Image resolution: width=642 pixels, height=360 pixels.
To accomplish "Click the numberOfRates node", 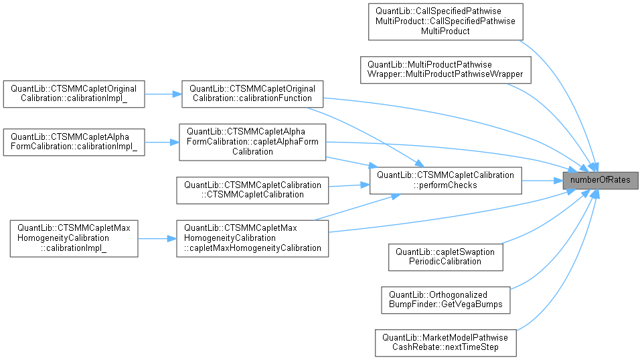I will [600, 180].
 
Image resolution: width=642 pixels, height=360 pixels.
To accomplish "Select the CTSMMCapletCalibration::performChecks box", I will [445, 180].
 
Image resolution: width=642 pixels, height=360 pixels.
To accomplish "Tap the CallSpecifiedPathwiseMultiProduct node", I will [445, 21].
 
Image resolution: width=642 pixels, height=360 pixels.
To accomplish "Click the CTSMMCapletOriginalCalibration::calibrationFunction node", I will [252, 94].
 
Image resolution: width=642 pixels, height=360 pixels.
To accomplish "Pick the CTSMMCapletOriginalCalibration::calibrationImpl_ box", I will [74, 94].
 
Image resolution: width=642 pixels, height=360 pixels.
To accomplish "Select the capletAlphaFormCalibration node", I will [252, 141].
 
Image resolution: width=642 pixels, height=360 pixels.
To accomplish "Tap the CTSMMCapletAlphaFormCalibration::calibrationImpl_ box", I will [74, 141].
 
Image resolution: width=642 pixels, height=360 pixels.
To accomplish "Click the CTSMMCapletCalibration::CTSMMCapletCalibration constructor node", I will [252, 189].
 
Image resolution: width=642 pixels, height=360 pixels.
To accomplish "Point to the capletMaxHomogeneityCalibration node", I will [252, 238].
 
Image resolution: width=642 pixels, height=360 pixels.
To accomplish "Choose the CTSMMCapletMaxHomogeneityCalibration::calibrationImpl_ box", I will [74, 238].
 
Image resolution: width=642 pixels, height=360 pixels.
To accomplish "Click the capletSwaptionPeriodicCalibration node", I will [445, 256].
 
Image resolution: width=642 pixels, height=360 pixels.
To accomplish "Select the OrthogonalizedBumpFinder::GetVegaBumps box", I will [445, 299].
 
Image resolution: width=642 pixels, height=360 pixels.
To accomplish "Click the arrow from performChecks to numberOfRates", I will [541, 180].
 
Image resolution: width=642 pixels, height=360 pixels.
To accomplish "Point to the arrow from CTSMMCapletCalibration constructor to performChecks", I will [349, 186].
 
